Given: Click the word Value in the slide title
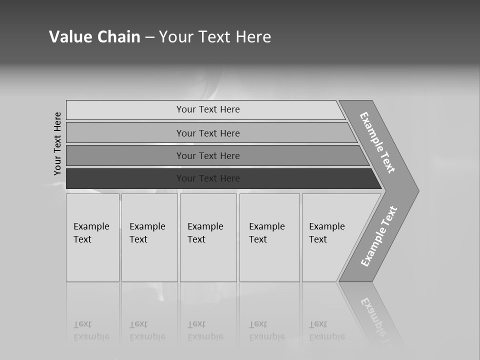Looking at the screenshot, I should tap(69, 36).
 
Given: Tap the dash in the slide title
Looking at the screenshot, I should tap(149, 37).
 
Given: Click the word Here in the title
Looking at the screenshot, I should tap(252, 36).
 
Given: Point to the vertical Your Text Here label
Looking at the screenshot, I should tap(57, 143).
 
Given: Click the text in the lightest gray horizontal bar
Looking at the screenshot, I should tap(208, 109).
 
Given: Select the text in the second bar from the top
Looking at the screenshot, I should tap(208, 133).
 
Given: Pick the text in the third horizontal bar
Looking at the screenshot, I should tap(208, 155).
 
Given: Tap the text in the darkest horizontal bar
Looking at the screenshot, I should tap(208, 178).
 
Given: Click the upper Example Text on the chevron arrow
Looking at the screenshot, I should tap(377, 142).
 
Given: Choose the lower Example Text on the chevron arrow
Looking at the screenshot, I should tap(378, 236).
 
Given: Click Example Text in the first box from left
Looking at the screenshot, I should tap(91, 232).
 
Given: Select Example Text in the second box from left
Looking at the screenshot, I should tap(147, 232).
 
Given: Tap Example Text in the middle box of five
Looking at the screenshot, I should tap(205, 232).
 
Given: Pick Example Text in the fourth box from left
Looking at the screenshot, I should tap(266, 232).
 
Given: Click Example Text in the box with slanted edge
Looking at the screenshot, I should tap(326, 232).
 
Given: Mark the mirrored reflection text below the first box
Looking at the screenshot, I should tap(91, 330).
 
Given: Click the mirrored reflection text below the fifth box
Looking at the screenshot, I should tap(326, 330).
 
